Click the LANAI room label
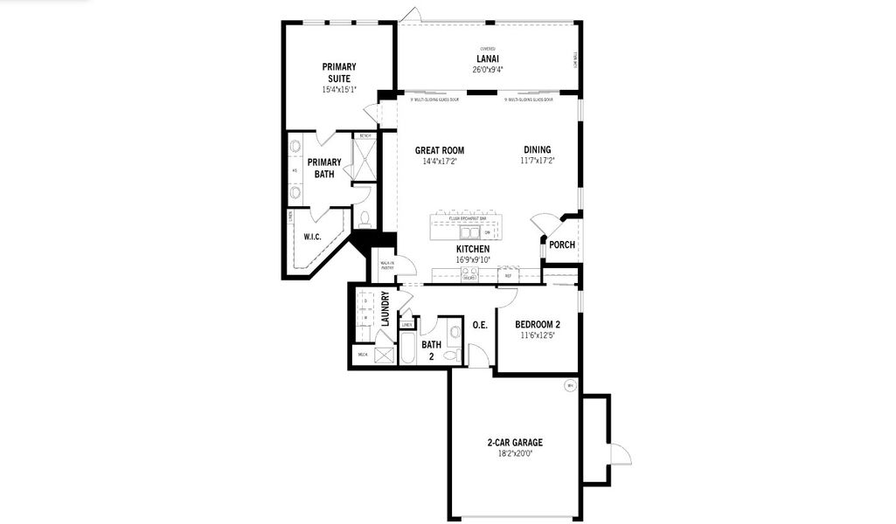tap(488, 59)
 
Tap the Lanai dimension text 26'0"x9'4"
tap(488, 70)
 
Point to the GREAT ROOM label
tap(439, 150)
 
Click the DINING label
tap(538, 150)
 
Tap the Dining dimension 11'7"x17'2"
tap(538, 161)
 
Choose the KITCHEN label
tap(473, 249)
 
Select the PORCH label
tap(562, 245)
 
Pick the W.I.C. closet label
tap(313, 237)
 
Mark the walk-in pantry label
tap(386, 265)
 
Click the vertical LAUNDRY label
tap(385, 308)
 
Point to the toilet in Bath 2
tap(450, 355)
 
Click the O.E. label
tap(480, 325)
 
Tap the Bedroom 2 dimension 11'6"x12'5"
tap(538, 335)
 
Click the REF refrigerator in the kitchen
tap(508, 276)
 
